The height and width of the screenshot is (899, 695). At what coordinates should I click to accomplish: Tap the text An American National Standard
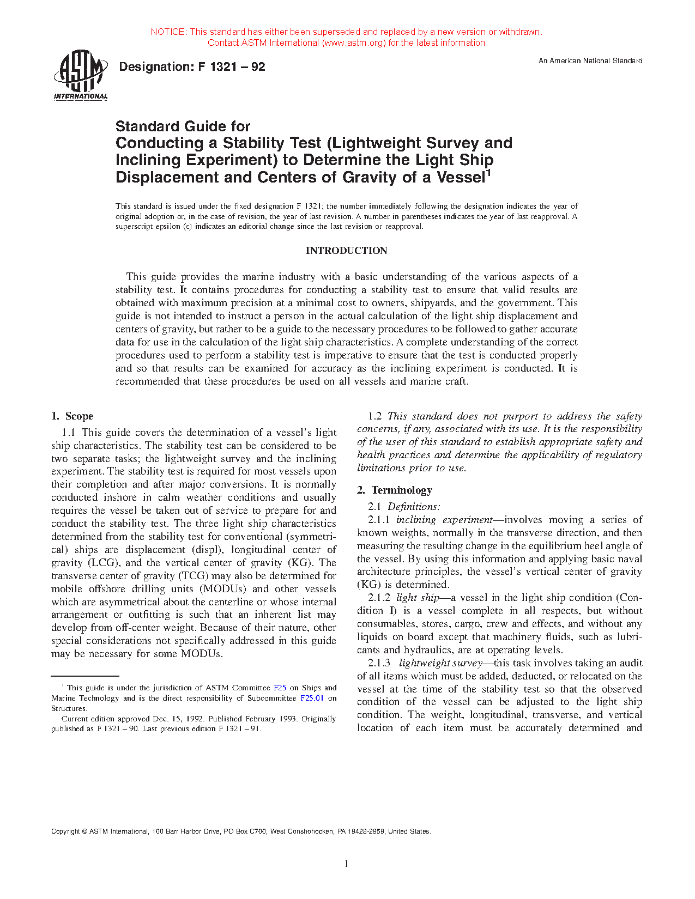pyautogui.click(x=590, y=61)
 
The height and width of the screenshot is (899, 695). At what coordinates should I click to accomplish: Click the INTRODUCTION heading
pyautogui.click(x=346, y=251)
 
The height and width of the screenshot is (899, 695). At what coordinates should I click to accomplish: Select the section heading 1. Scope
pyautogui.click(x=72, y=416)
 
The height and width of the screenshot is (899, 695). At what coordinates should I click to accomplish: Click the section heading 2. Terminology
pyautogui.click(x=395, y=490)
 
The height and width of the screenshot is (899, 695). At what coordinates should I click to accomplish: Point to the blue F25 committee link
pyautogui.click(x=280, y=688)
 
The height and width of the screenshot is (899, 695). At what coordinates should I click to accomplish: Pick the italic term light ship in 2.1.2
pyautogui.click(x=418, y=598)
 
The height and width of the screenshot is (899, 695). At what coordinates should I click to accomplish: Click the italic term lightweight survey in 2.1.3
pyautogui.click(x=440, y=663)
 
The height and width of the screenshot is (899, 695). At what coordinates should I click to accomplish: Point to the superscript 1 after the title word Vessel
pyautogui.click(x=489, y=173)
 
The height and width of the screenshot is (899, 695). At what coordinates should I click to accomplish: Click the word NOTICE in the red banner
pyautogui.click(x=168, y=32)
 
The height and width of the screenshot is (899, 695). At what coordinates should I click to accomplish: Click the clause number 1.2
pyautogui.click(x=375, y=416)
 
